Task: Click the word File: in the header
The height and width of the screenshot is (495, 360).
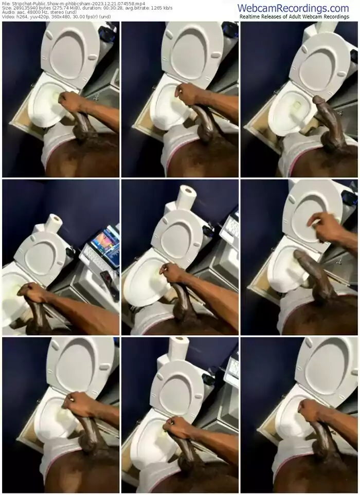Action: [6, 4]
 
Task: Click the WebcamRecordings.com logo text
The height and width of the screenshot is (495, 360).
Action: [293, 8]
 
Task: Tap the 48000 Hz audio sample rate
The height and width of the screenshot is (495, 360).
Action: [36, 12]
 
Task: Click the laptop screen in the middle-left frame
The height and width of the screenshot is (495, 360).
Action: [105, 244]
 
